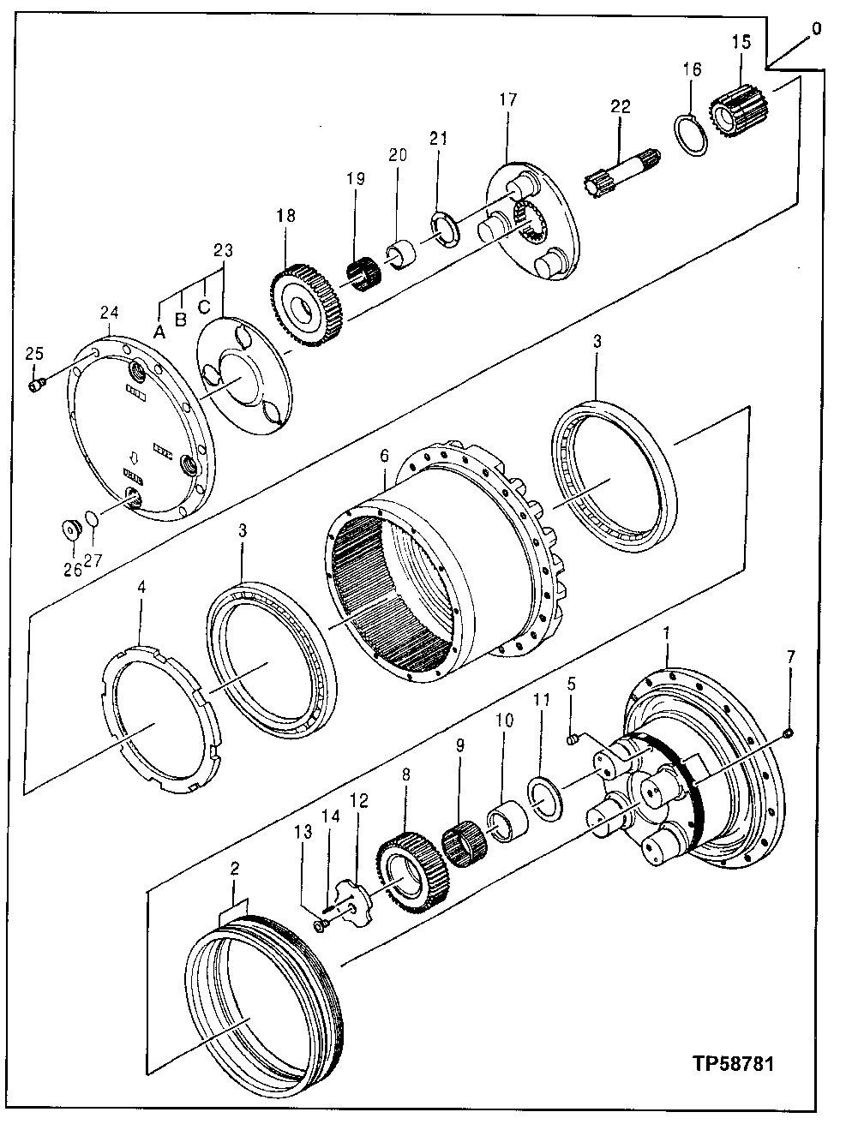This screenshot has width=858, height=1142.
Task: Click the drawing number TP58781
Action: (x=734, y=1065)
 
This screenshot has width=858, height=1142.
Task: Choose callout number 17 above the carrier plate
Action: (x=507, y=99)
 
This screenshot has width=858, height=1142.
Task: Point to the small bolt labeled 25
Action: (x=37, y=386)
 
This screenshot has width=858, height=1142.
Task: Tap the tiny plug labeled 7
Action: (x=789, y=732)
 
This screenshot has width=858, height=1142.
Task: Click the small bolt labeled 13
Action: (x=321, y=925)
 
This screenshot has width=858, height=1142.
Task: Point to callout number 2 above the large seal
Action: (x=236, y=868)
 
